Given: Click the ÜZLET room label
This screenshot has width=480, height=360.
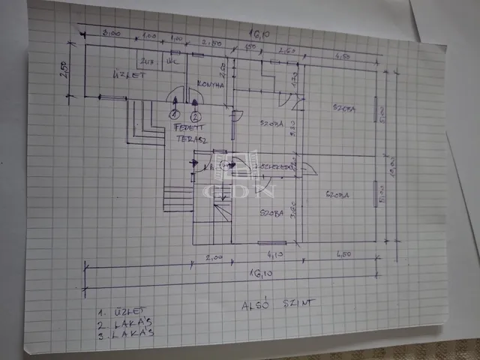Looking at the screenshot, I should (122, 74).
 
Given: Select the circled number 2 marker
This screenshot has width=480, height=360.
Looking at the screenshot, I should (196, 116).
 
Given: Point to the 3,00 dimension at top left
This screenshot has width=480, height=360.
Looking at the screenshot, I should (112, 33).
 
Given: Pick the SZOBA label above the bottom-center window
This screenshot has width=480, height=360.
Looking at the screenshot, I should (271, 214).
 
